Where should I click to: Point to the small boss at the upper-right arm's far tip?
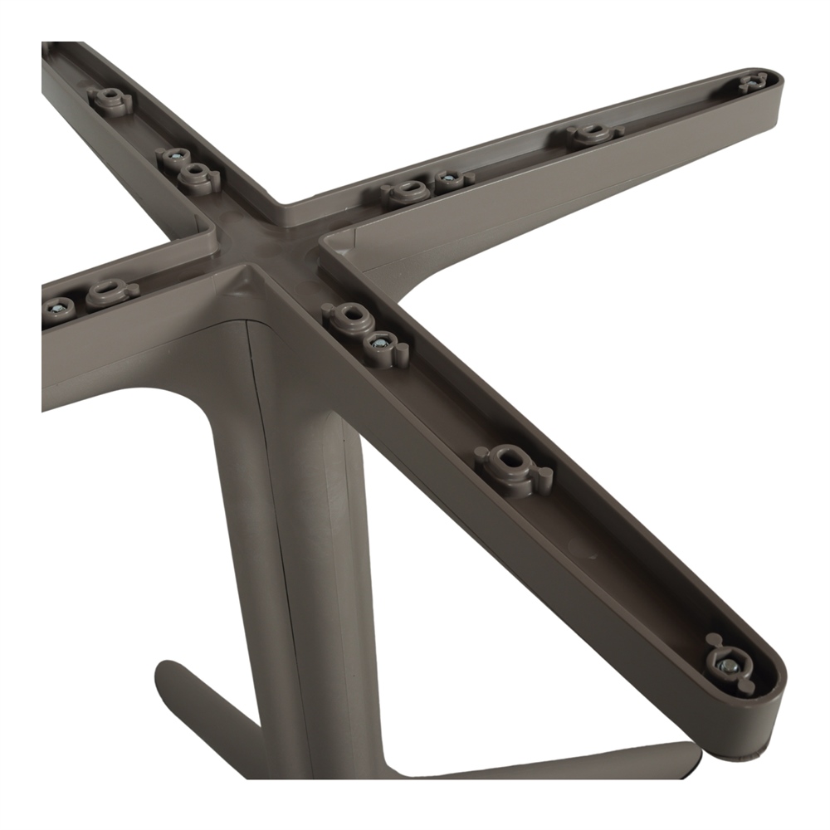point(754,81)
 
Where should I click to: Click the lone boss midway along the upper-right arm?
point(593,134)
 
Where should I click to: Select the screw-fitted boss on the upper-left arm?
point(173,156)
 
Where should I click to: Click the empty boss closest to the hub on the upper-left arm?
point(198,174)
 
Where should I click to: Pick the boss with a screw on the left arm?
point(58,308)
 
